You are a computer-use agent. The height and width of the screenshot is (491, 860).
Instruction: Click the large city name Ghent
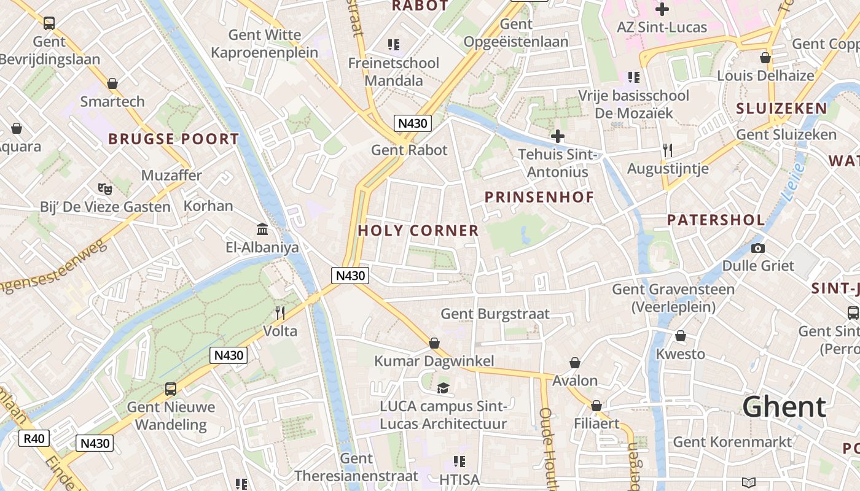784,407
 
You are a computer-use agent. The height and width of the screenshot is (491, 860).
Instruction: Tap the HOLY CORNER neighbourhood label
418,231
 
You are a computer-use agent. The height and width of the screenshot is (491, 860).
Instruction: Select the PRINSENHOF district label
539,197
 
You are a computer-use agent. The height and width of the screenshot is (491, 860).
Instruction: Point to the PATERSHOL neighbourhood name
716,220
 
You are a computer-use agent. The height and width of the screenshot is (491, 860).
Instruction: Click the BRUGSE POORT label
173,139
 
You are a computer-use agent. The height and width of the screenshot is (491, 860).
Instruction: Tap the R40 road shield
34,438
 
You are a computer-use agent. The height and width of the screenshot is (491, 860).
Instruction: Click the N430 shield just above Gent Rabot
412,123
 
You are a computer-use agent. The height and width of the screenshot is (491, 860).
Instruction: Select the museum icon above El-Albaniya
262,229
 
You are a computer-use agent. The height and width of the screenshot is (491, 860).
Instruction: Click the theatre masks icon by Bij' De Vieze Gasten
104,188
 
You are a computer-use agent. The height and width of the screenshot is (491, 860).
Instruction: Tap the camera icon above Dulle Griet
758,248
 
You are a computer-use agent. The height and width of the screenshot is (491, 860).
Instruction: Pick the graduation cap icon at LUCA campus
443,387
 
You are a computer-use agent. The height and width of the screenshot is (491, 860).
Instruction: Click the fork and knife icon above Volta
280,313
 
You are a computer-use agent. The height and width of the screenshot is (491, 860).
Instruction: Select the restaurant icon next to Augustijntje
668,150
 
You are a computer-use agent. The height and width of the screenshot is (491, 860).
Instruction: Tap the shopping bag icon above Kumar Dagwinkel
434,342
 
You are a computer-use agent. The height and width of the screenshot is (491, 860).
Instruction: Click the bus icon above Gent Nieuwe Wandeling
171,389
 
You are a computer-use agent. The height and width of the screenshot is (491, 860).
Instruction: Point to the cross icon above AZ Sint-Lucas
662,9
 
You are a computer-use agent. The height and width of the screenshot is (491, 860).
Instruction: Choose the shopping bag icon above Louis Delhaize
765,58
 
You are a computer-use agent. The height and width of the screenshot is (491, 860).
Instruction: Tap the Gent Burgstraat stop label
495,314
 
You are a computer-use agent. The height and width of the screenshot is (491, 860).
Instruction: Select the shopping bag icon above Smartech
112,83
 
